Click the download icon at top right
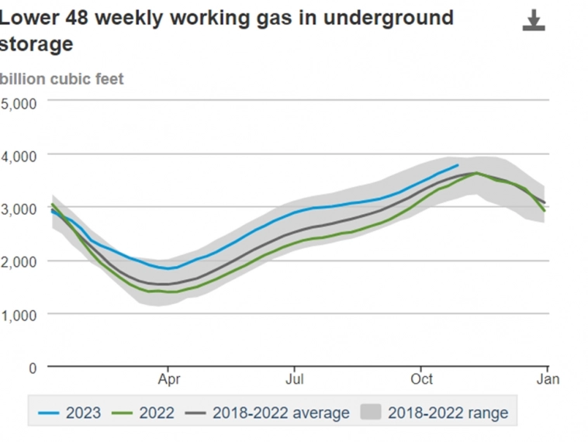(x=534, y=20)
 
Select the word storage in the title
(x=36, y=44)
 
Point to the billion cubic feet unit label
(x=62, y=79)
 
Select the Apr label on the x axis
(x=168, y=380)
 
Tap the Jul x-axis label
(x=294, y=380)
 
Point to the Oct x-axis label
(x=421, y=380)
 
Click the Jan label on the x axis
(x=547, y=380)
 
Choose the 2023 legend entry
(x=70, y=413)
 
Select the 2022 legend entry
(x=144, y=413)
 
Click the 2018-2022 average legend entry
(x=268, y=413)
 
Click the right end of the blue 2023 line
(x=458, y=165)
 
